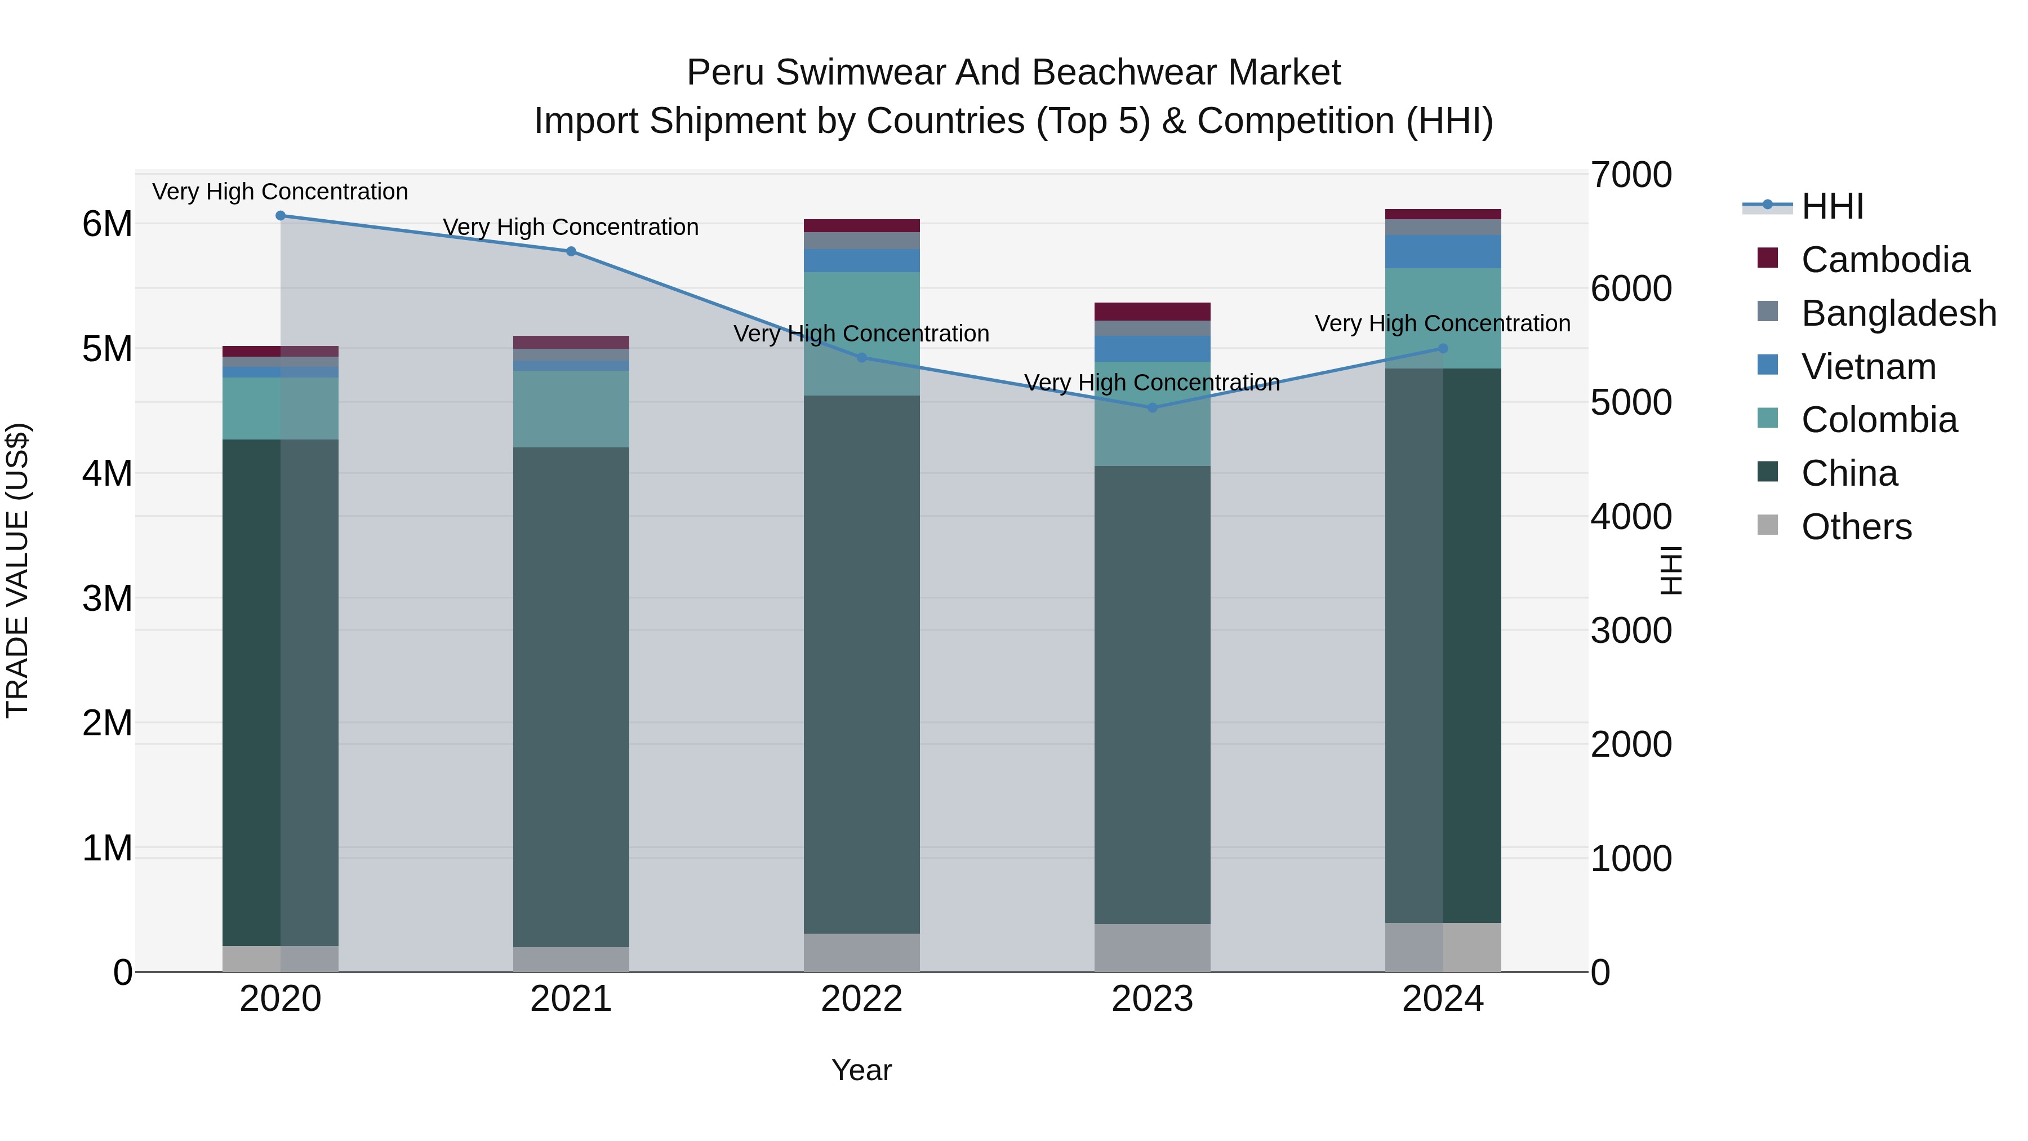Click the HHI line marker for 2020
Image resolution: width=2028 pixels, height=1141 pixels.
(x=281, y=216)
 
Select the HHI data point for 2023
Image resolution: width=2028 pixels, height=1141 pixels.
(x=1152, y=407)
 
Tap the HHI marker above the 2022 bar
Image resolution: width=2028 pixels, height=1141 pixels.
(x=861, y=357)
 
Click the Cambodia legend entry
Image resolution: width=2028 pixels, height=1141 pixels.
(x=1885, y=260)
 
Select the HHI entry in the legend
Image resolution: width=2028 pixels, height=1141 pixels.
(x=1831, y=206)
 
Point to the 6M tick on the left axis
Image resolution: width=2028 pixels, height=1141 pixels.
(x=107, y=224)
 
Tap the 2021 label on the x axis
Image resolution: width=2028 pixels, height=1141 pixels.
(x=571, y=999)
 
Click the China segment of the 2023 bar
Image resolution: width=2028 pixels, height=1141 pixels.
(x=1152, y=693)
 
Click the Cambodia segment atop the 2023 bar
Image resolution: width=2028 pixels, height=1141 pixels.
(x=1152, y=311)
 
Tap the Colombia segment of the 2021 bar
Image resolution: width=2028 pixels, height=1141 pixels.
(x=571, y=409)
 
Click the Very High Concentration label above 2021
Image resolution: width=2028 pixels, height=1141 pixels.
(x=571, y=227)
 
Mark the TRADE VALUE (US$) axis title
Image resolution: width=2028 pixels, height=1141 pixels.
(x=17, y=570)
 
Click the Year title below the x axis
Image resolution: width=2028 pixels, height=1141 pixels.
(x=861, y=1070)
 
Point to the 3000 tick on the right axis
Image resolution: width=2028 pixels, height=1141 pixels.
(x=1630, y=631)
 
